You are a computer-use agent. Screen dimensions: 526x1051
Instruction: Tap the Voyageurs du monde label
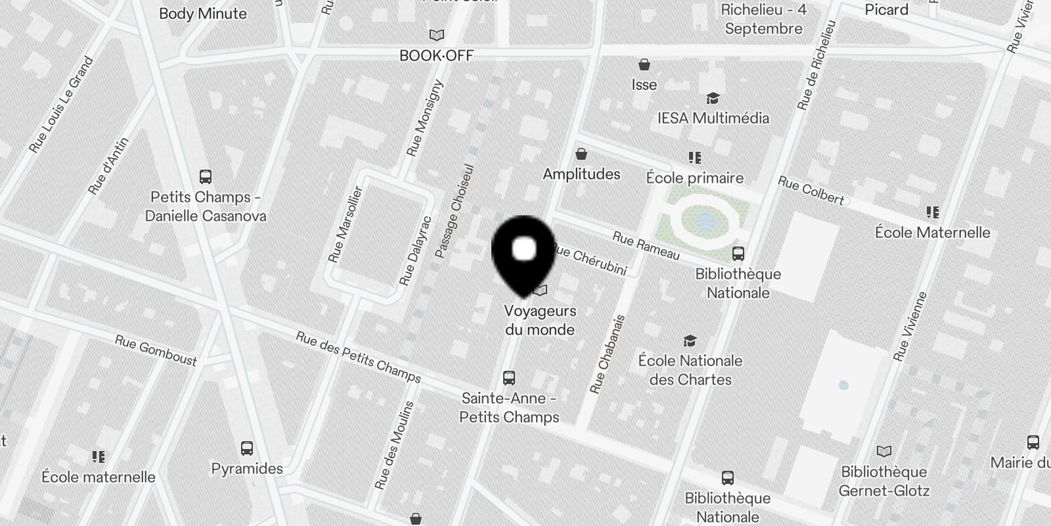pos(540,320)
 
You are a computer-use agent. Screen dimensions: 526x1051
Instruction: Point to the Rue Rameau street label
pos(646,246)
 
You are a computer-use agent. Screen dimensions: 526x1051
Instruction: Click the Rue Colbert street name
pos(811,191)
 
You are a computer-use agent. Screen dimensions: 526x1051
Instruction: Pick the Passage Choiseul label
pos(454,211)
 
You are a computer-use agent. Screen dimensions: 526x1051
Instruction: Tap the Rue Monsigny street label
pos(425,119)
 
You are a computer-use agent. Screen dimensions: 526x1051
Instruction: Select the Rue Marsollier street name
pos(346,224)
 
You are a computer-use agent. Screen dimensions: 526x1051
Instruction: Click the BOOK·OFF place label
pos(436,56)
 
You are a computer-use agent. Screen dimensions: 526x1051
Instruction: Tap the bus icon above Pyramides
pos(247,448)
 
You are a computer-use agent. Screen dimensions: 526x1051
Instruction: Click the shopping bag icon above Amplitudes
pos(581,155)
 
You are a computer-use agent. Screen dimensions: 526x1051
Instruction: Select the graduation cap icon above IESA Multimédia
pos(713,99)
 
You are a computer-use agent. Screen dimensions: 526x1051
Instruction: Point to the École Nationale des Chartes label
pos(690,370)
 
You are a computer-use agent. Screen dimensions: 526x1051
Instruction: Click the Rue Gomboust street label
pos(156,350)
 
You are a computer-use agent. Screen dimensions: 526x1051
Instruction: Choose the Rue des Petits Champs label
pos(358,357)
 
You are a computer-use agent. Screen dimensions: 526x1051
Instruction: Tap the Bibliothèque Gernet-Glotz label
pos(884,481)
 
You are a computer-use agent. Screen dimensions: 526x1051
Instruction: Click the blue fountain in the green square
pos(705,221)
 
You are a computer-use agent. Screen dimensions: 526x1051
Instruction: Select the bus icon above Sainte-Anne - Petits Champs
pos(509,377)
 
